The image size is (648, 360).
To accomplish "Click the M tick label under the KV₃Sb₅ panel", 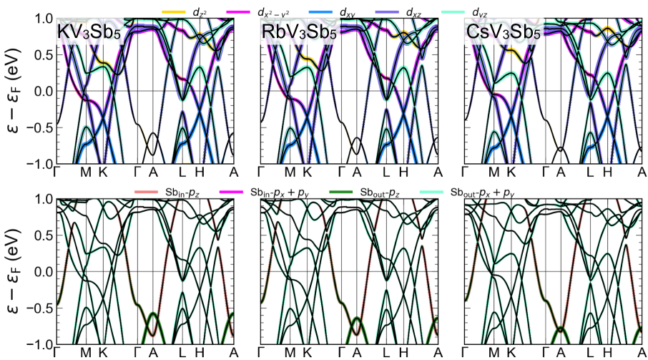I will tap(86, 172).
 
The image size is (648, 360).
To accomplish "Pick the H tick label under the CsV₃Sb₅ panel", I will tap(607, 172).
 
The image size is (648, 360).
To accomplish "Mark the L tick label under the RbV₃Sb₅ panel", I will tap(386, 172).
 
